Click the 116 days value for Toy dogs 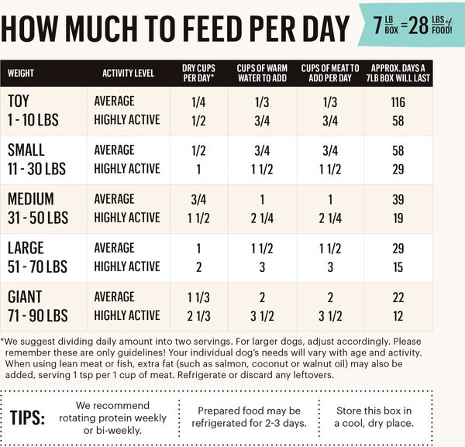pos(398,101)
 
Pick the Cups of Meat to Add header pos(329,74)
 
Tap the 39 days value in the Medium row pos(398,199)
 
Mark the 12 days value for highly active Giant pos(398,315)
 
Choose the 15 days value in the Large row pos(398,266)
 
